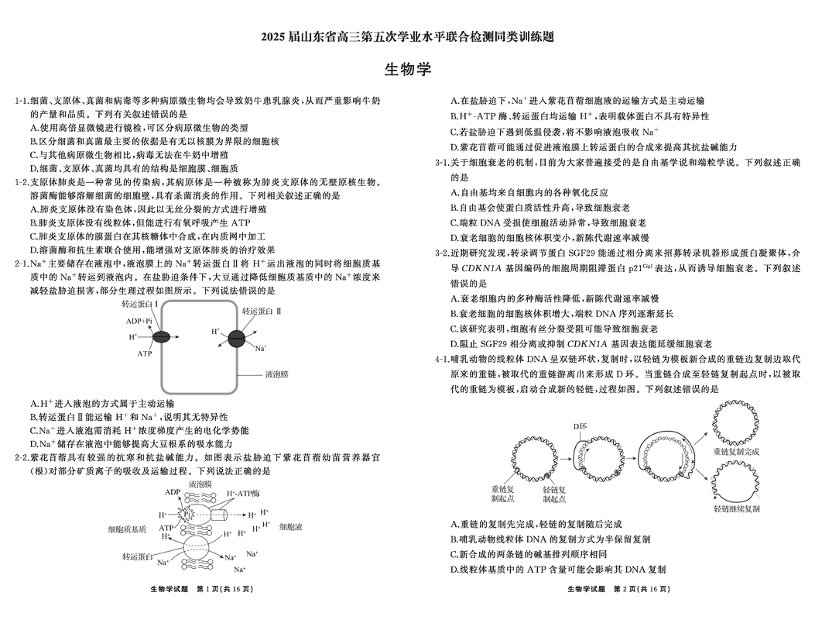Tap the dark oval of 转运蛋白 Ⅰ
click(x=162, y=336)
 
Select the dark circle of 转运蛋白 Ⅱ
click(x=237, y=339)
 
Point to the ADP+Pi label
click(x=139, y=321)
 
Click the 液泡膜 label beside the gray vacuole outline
click(x=276, y=374)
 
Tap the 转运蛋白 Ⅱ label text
click(x=261, y=310)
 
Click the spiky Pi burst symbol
click(x=187, y=514)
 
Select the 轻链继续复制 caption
click(x=736, y=508)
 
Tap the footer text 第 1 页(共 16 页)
click(x=226, y=590)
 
